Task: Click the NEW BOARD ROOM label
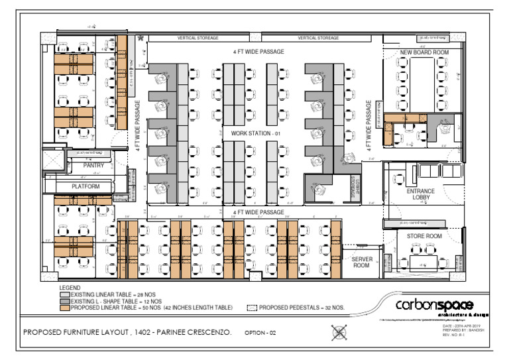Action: pos(424,52)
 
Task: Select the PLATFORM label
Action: pos(85,187)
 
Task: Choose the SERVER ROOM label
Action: pos(361,262)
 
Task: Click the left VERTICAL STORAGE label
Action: pos(198,38)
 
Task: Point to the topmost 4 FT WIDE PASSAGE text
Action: pos(258,51)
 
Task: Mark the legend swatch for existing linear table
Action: pos(64,294)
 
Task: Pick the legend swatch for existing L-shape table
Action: pos(64,301)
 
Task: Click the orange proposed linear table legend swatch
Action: pos(64,308)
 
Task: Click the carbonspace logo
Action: pos(434,306)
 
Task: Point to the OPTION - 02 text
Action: pos(260,333)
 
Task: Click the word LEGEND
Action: pos(70,288)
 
